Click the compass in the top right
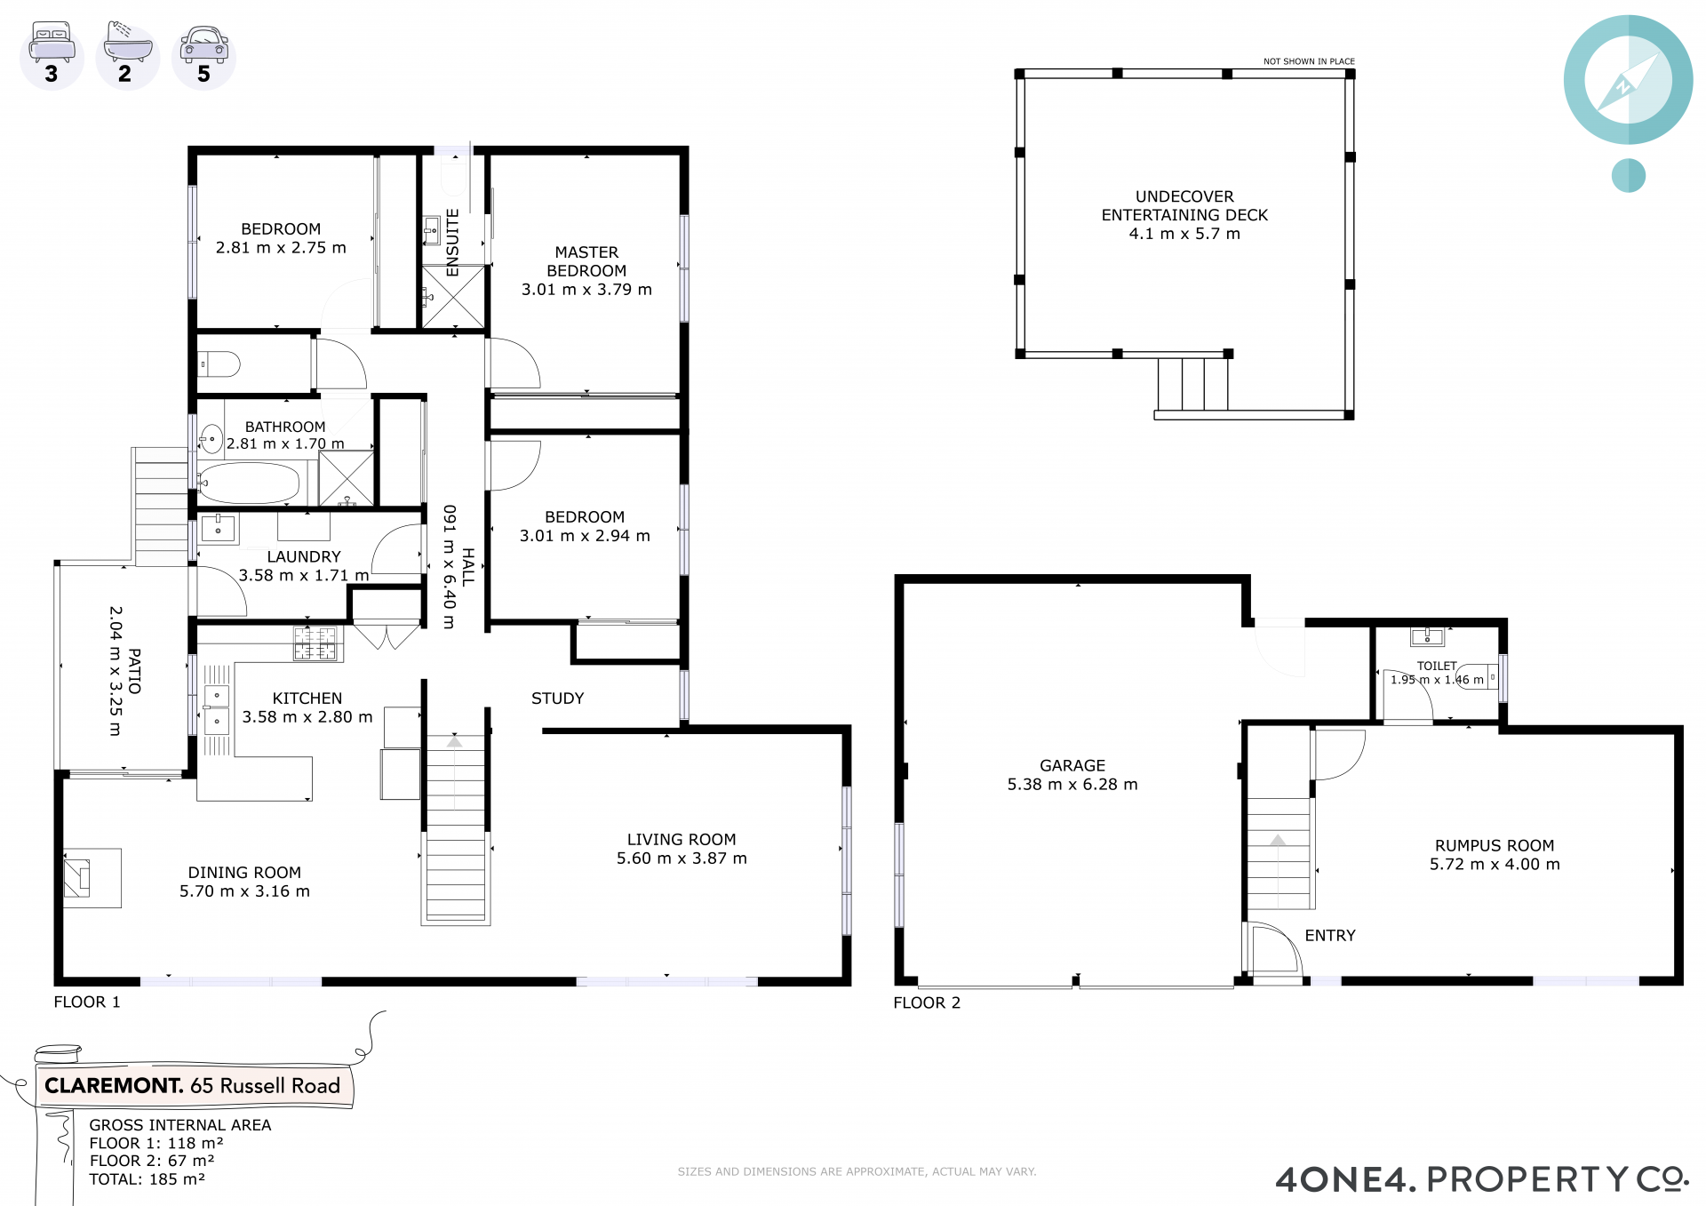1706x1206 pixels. point(1628,80)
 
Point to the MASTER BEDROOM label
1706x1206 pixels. point(586,261)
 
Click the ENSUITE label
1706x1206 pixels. point(452,243)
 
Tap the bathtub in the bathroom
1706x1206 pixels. point(249,483)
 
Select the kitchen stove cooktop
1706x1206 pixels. point(315,643)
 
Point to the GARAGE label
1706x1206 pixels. point(1072,765)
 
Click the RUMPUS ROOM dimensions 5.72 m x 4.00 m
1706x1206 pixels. point(1495,864)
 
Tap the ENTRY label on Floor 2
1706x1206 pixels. point(1330,935)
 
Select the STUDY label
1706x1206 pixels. point(558,699)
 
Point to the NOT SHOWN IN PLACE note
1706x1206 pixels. point(1309,61)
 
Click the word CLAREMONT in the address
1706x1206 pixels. point(114,1085)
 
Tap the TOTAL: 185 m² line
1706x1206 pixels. point(147,1179)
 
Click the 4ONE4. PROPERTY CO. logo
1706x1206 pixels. point(1481,1179)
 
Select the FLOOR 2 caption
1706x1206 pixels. point(927,1002)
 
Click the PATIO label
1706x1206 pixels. point(134,671)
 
